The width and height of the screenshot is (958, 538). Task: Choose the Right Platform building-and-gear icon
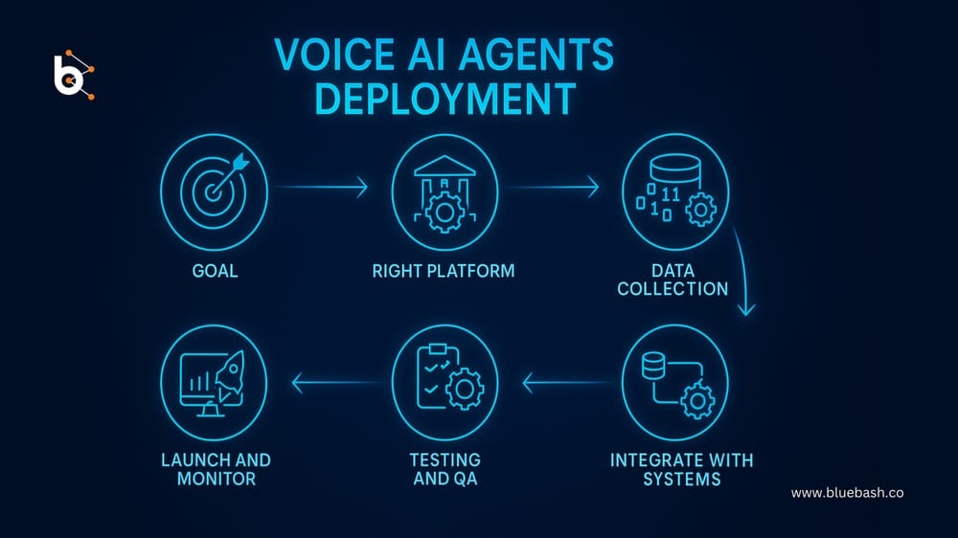coord(444,189)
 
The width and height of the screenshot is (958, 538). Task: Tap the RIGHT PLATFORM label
coord(444,271)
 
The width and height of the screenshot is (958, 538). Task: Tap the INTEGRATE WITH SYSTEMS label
coord(682,469)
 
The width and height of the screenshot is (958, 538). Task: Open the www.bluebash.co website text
coord(848,493)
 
